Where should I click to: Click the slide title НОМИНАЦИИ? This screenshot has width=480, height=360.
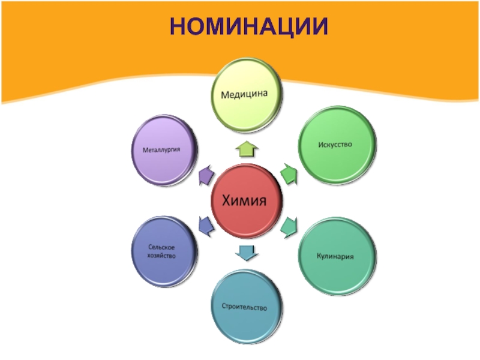pos(248,26)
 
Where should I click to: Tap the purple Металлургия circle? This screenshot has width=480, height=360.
pos(164,150)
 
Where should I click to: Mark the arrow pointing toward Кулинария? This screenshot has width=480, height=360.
pos(289,226)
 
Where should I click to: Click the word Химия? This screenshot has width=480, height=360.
pos(245,200)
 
